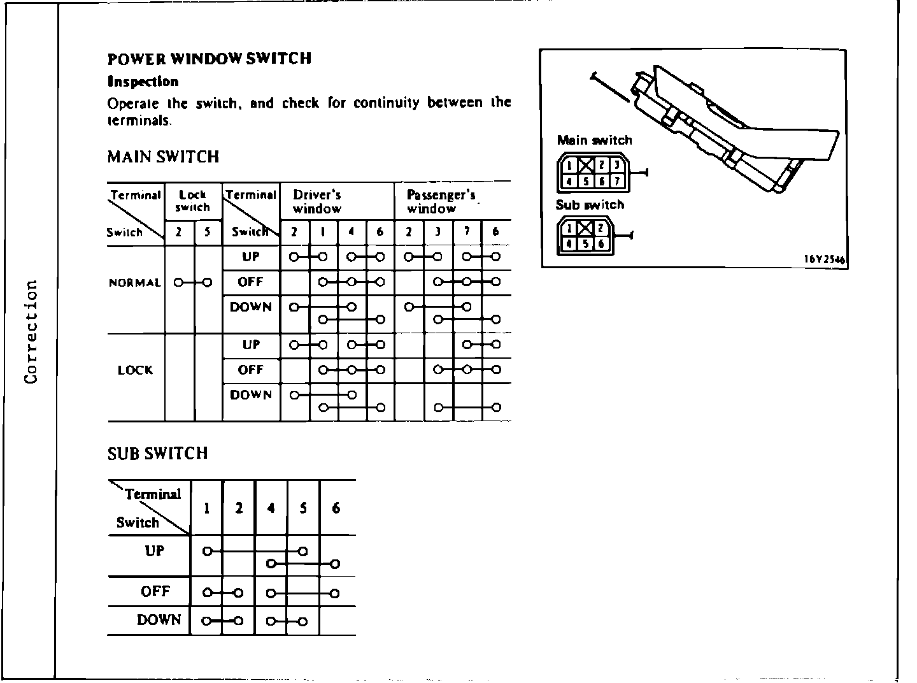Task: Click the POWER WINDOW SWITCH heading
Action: click(210, 59)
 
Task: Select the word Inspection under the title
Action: click(143, 82)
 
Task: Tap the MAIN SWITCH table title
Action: click(163, 157)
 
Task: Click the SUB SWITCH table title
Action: click(157, 453)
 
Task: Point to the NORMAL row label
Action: click(135, 283)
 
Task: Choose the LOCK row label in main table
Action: click(135, 370)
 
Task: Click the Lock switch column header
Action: click(192, 201)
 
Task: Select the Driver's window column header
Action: click(317, 201)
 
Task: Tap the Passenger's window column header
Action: click(441, 201)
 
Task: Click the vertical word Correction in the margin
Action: click(30, 331)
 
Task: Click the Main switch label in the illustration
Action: click(594, 140)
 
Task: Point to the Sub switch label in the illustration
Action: click(590, 205)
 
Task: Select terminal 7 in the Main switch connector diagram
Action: click(616, 181)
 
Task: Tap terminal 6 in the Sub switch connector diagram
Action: click(601, 244)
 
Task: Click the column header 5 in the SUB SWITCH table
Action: click(303, 508)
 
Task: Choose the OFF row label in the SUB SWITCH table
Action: click(155, 591)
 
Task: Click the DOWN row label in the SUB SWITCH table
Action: click(159, 620)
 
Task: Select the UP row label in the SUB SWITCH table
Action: click(155, 551)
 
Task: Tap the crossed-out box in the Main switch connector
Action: click(586, 166)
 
